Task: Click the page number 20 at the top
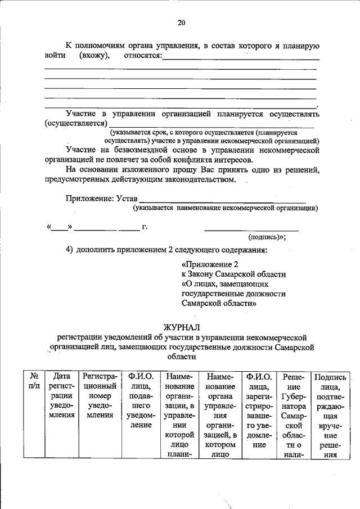pyautogui.click(x=181, y=22)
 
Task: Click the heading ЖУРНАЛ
pyautogui.click(x=181, y=327)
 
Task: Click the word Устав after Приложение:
pyautogui.click(x=126, y=198)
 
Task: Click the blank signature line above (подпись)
pyautogui.click(x=251, y=229)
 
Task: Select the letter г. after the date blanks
pyautogui.click(x=145, y=227)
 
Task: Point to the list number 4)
pyautogui.click(x=70, y=249)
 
